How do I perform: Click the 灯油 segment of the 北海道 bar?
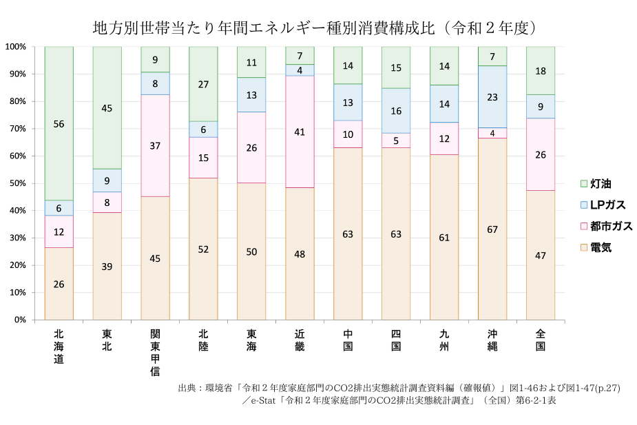59,124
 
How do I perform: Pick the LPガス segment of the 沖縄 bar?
492,97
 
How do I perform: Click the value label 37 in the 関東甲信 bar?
155,145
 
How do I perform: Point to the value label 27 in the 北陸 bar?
203,85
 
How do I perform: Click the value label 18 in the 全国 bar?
541,71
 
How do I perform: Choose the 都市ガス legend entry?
605,226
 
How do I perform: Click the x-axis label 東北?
107,340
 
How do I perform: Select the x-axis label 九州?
444,340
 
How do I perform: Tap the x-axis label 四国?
396,340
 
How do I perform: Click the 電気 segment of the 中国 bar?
348,234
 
